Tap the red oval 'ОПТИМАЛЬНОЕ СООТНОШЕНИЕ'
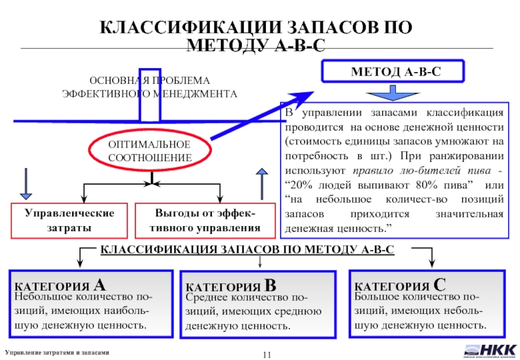pos(149,151)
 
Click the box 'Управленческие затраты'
pos(70,220)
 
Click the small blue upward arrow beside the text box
pos(261,181)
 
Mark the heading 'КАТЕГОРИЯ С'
pos(400,285)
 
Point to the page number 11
pos(266,352)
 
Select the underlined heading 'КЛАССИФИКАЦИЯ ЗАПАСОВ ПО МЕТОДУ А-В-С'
pos(247,250)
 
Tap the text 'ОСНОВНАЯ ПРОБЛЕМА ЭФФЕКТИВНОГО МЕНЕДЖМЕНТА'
pos(149,87)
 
